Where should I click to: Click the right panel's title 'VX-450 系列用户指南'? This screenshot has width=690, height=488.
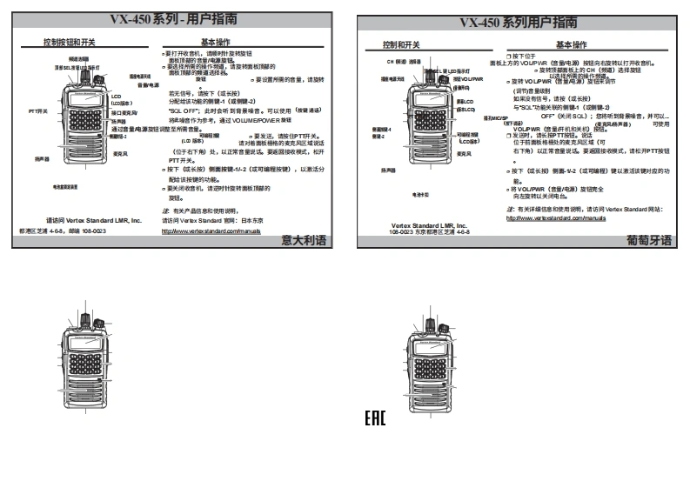518,22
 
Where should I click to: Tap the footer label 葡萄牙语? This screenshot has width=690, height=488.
650,241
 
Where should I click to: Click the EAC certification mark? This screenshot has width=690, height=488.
375,419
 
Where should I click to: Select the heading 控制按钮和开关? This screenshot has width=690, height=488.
70,42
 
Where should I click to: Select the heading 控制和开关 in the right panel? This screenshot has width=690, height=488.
402,44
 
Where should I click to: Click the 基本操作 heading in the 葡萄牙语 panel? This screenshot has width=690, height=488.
572,44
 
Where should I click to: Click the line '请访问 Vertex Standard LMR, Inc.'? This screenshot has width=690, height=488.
93,221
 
